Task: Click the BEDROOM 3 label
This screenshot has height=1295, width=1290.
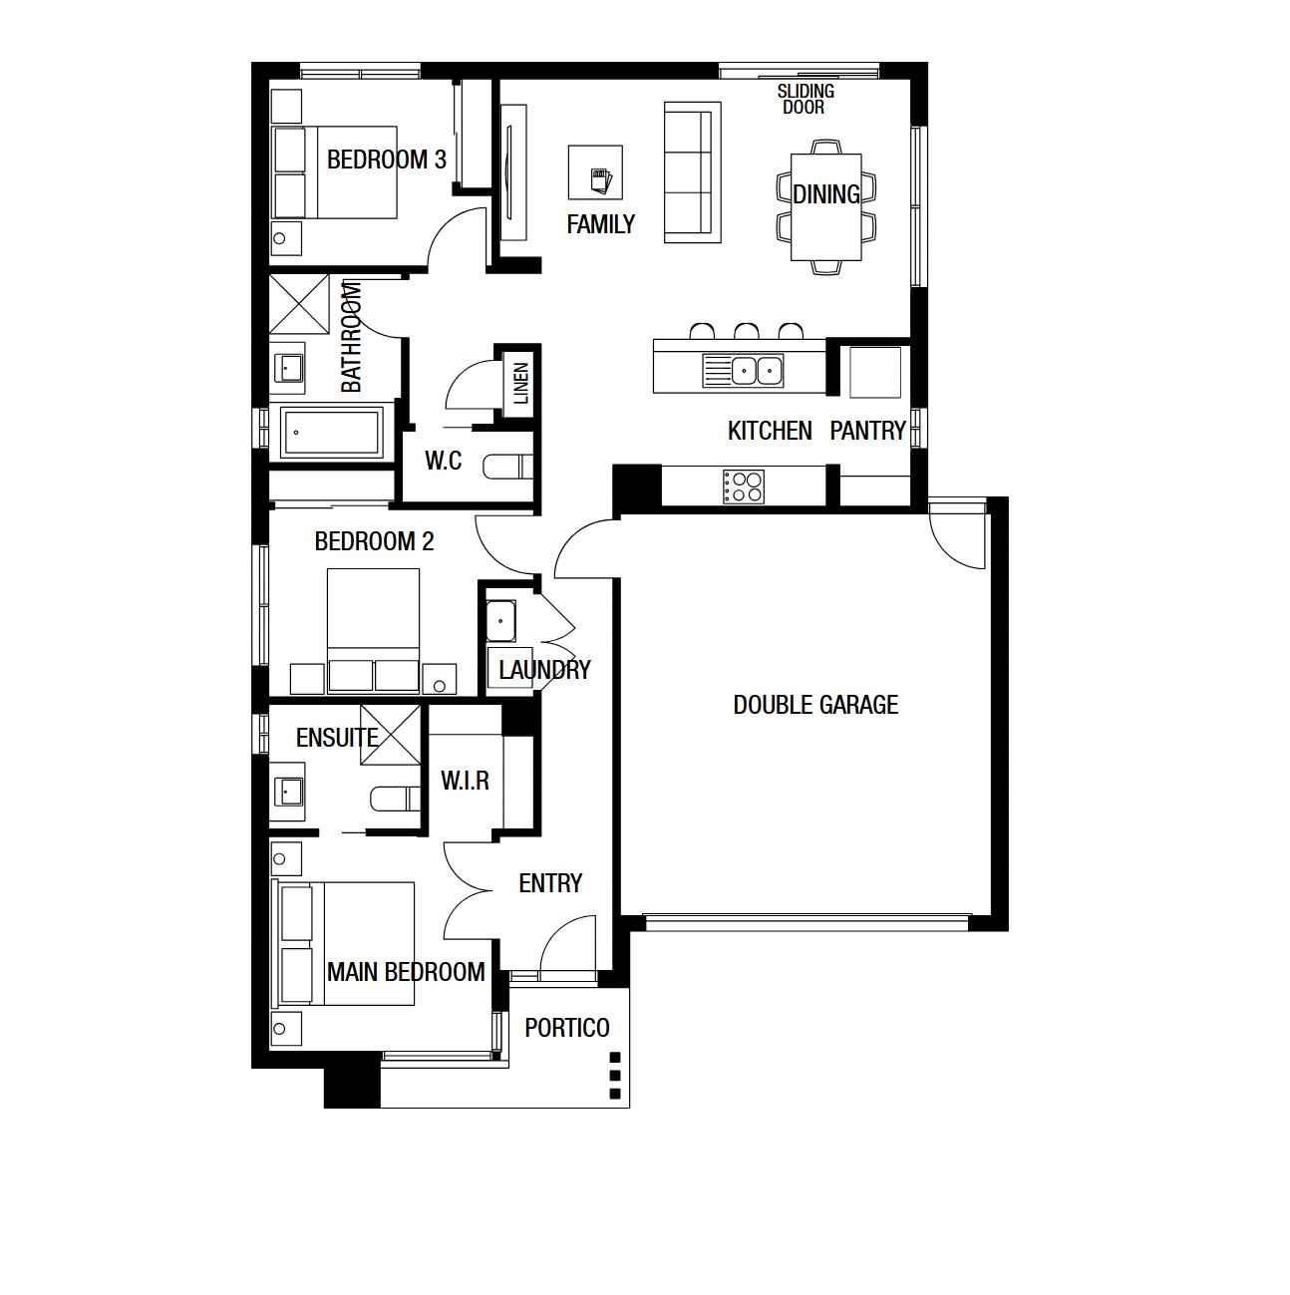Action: pos(387,160)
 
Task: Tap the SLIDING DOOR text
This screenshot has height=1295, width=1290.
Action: pos(806,99)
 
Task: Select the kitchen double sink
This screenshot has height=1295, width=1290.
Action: pos(743,370)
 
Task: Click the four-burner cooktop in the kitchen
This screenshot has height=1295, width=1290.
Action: pos(744,486)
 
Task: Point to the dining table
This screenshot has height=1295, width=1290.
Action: pos(826,207)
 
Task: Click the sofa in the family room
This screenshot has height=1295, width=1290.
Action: pos(693,172)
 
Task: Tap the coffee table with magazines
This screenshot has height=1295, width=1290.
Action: pos(595,172)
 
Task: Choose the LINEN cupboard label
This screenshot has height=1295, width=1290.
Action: pos(521,383)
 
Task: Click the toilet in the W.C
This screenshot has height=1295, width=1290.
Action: pos(508,468)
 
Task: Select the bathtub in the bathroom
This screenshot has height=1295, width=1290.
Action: pos(331,432)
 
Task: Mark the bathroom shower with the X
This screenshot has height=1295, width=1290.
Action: pos(299,304)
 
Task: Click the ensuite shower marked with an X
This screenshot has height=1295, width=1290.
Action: pos(391,735)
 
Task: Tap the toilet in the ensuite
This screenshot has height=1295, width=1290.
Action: pos(396,800)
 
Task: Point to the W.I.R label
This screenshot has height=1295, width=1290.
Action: pos(465,781)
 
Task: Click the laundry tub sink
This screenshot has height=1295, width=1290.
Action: pos(500,621)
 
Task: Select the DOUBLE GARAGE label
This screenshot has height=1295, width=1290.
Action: pos(815,705)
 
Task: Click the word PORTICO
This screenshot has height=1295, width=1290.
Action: pos(566,1028)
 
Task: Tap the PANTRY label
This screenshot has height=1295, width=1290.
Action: pos(868,431)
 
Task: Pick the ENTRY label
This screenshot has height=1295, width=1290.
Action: pos(550,883)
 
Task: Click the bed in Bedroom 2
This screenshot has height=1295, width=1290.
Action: pos(373,630)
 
